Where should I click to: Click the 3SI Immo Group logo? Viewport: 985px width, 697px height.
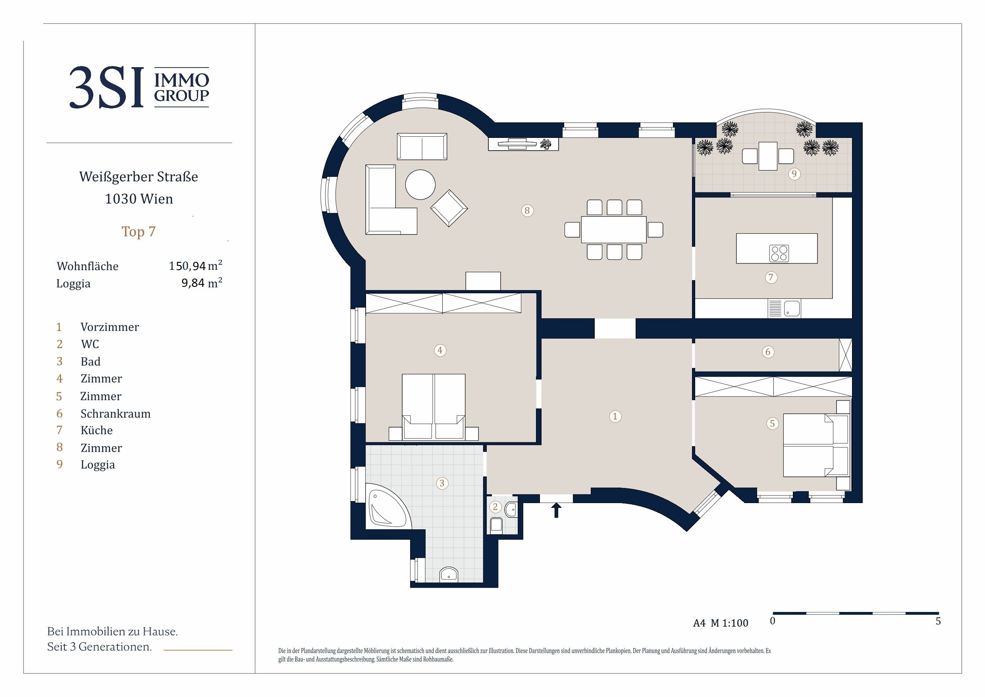click(x=139, y=87)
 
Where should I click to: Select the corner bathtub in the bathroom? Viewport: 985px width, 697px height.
click(x=389, y=509)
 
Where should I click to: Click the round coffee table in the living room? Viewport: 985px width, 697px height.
click(x=420, y=185)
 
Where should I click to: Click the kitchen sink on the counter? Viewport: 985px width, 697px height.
click(x=792, y=308)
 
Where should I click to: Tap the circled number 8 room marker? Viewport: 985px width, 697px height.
click(x=527, y=211)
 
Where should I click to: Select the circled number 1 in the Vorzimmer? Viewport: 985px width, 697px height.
click(x=615, y=416)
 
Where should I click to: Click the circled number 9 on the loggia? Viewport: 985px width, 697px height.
click(x=794, y=174)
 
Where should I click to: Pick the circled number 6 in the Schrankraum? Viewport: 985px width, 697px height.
click(x=768, y=352)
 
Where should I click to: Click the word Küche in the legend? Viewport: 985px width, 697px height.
click(x=96, y=430)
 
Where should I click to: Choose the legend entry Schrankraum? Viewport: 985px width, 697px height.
click(x=116, y=414)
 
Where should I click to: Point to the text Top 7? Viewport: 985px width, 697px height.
click(x=139, y=232)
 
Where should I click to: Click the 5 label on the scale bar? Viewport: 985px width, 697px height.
click(x=938, y=621)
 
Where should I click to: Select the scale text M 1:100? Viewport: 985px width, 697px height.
click(x=729, y=623)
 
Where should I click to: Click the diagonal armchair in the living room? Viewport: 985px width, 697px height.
click(x=449, y=208)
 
